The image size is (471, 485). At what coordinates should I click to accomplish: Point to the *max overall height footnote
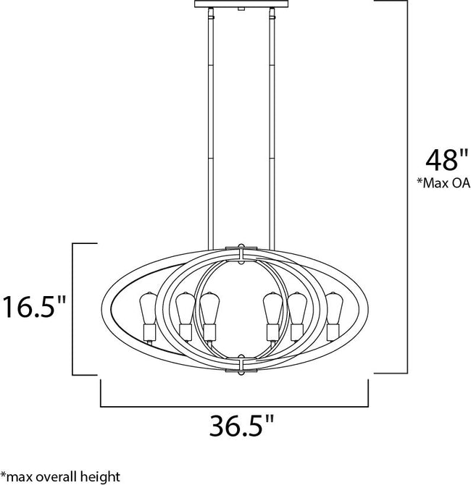(59, 476)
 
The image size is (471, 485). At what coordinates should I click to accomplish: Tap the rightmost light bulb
(333, 309)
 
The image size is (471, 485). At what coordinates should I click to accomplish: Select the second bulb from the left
(184, 310)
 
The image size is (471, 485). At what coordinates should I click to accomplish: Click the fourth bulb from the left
(272, 309)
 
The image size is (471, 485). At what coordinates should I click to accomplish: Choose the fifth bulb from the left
(296, 310)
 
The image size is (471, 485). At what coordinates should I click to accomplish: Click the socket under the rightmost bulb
(333, 332)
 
